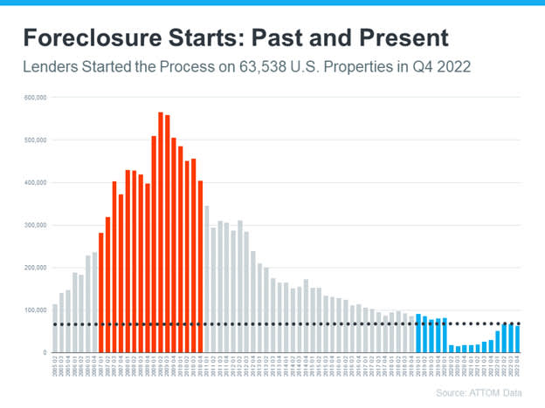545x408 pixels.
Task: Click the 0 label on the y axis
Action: coord(44,352)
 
